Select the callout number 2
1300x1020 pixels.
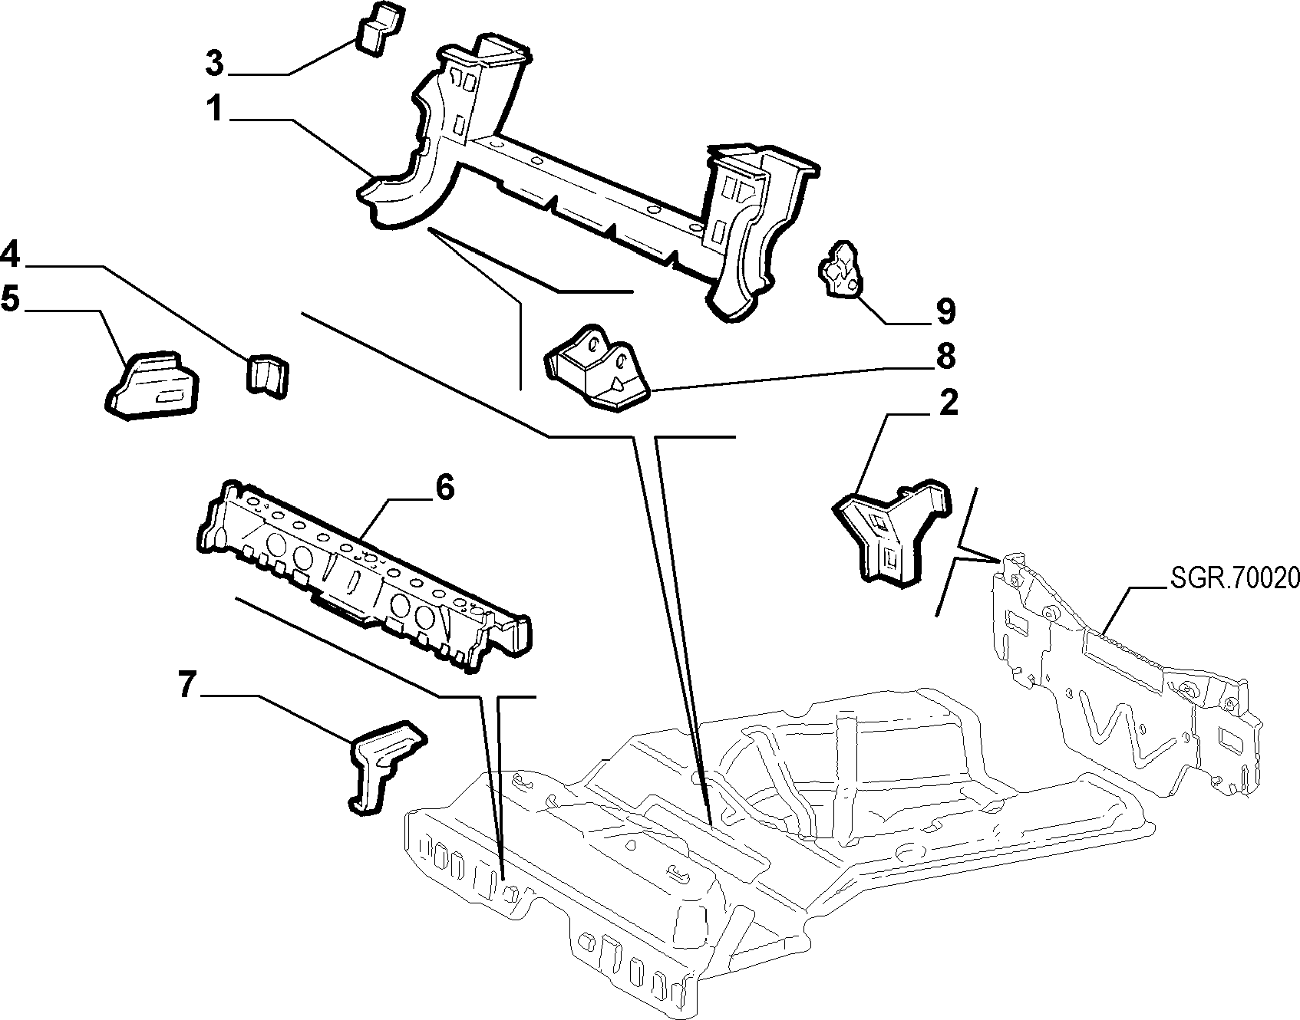[949, 403]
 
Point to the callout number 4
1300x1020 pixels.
[10, 253]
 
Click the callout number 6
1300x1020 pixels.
[444, 487]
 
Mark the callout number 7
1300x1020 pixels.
[188, 685]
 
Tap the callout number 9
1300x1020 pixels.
[945, 311]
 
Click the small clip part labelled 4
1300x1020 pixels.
[267, 376]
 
